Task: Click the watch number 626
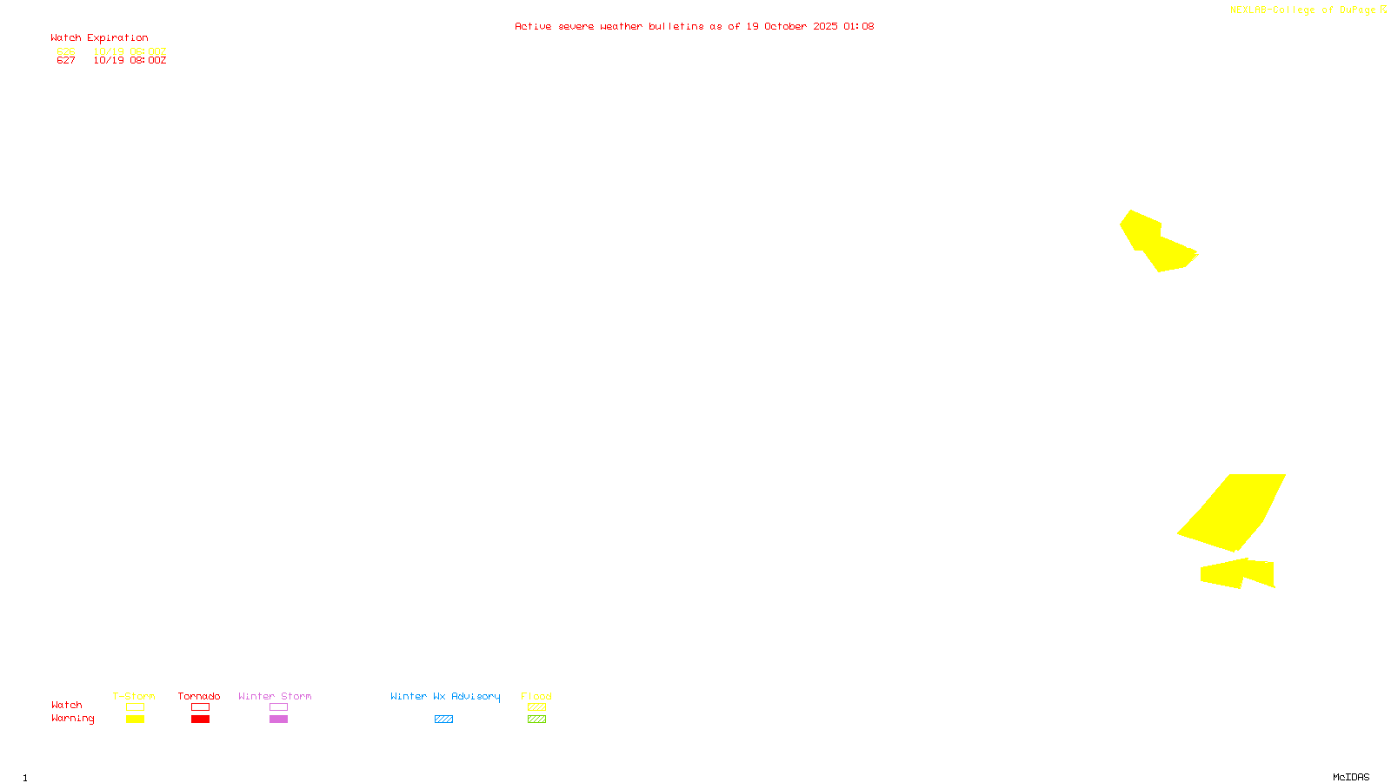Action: [66, 51]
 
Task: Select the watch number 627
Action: [66, 61]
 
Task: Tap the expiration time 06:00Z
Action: [148, 51]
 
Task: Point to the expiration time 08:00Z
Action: [148, 61]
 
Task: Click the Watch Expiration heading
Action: [99, 38]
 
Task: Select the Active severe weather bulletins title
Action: [694, 26]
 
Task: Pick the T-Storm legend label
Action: [134, 696]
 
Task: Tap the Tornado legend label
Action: [199, 696]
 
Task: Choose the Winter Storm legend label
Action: [275, 696]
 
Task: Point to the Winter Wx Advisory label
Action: [445, 696]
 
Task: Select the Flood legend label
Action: [536, 696]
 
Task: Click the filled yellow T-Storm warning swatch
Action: [135, 719]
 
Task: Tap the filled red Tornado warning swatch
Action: [200, 719]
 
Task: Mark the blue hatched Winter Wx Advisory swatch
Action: [443, 719]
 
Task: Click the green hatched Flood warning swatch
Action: [536, 719]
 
